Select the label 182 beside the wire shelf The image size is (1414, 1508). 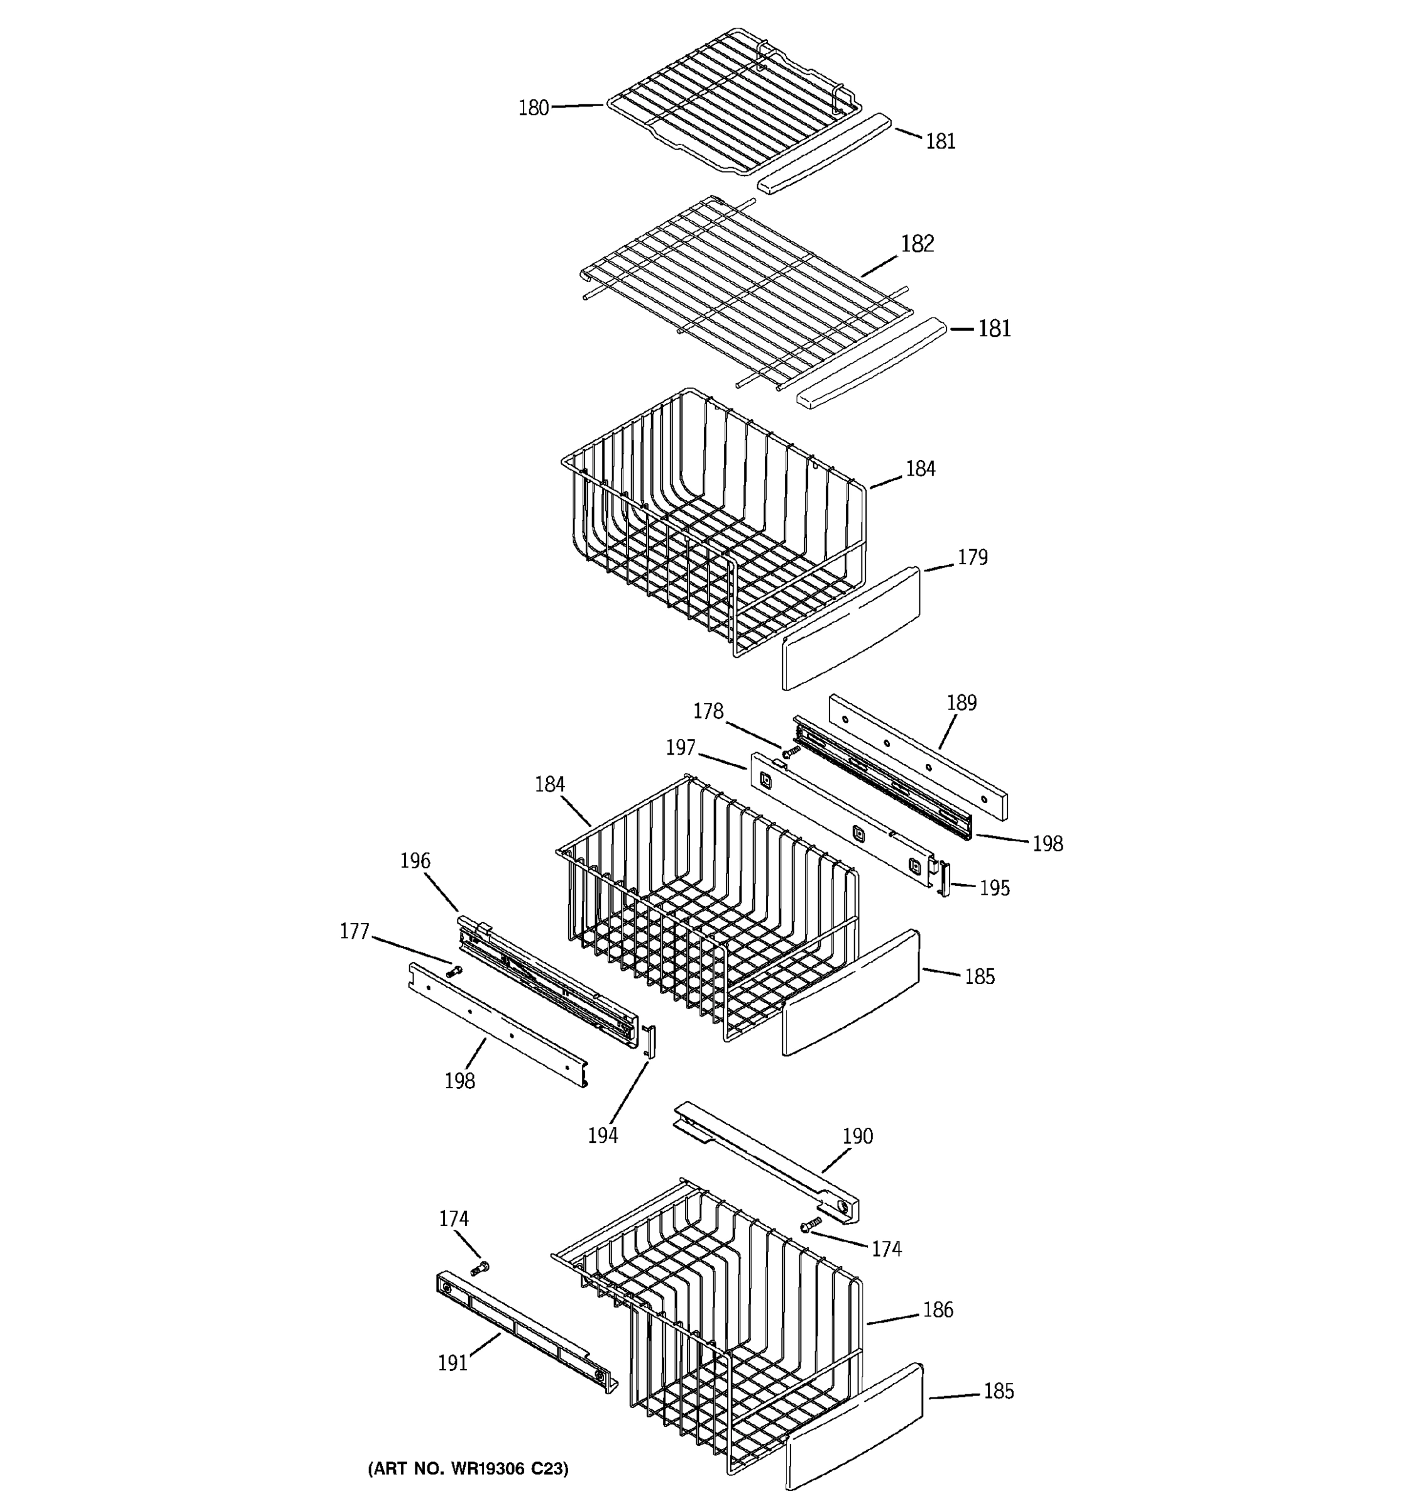click(917, 244)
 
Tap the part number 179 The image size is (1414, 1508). click(972, 557)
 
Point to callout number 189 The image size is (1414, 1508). click(961, 703)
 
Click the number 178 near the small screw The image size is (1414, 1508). click(708, 711)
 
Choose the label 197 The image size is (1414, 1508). click(681, 748)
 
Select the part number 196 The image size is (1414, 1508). click(415, 861)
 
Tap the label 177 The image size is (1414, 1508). click(354, 931)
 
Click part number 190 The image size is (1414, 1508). click(857, 1136)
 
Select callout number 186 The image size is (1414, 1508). click(938, 1310)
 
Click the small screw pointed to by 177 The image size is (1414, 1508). click(454, 970)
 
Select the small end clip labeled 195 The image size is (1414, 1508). click(945, 878)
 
